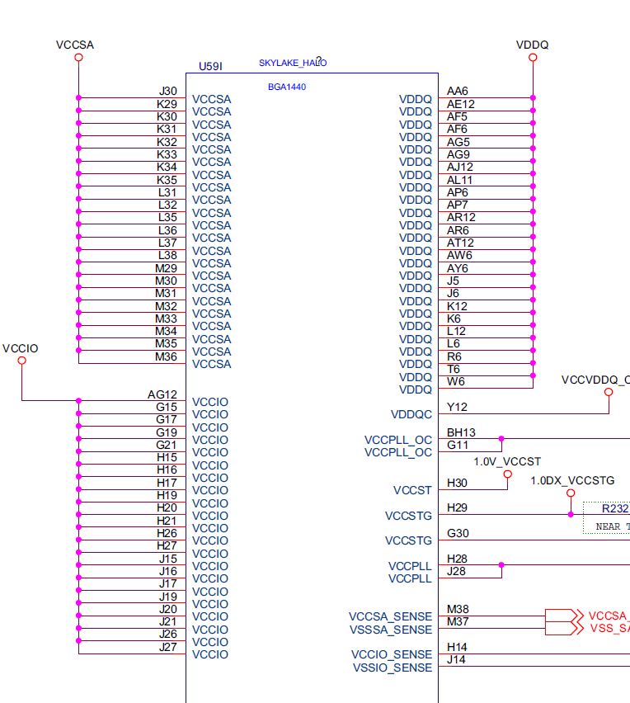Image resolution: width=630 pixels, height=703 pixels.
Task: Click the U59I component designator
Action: (x=211, y=65)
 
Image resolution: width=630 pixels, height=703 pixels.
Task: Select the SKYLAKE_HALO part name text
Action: (x=292, y=63)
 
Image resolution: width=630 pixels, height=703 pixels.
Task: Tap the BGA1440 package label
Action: (x=287, y=87)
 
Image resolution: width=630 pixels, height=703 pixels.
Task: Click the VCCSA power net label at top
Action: (x=75, y=45)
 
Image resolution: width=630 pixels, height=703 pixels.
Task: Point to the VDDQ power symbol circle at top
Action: (x=533, y=58)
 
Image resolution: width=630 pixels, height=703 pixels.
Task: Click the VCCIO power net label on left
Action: (x=21, y=349)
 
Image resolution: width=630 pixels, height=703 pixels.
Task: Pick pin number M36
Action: (x=166, y=356)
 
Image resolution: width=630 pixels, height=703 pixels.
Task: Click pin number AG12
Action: (x=162, y=394)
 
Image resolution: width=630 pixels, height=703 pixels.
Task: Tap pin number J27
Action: (x=167, y=647)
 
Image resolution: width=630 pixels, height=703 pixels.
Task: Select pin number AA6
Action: (x=458, y=91)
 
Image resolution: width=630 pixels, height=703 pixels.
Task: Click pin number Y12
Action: (x=458, y=407)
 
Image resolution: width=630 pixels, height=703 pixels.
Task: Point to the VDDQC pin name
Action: (x=411, y=415)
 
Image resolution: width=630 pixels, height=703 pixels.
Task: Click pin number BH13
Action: (x=461, y=432)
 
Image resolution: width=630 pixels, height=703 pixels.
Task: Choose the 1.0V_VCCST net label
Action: (x=507, y=461)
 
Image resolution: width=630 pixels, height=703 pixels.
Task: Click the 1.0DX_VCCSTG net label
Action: (x=572, y=480)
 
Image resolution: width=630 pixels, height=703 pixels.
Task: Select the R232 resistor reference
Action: (x=614, y=509)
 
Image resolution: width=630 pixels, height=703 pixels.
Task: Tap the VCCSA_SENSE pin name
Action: (x=390, y=616)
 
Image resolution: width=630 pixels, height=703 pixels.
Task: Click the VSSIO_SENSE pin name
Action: (x=392, y=668)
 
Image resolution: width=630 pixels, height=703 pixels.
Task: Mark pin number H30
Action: (x=457, y=483)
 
